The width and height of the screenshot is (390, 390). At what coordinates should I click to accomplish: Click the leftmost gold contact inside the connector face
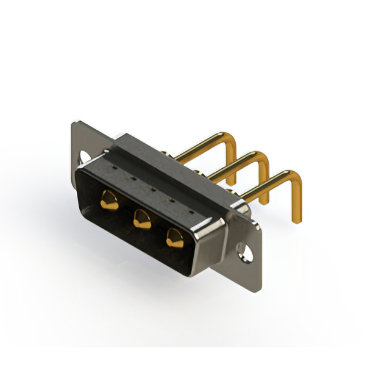tap(110, 199)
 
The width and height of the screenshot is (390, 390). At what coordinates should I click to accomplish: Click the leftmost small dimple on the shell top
tap(113, 165)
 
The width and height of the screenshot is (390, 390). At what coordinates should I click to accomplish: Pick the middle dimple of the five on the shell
tap(152, 188)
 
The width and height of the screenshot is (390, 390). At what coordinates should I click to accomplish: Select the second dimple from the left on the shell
tap(132, 177)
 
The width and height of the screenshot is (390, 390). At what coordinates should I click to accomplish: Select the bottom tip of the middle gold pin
tap(264, 202)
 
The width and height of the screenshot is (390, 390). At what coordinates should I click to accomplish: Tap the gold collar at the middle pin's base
tap(199, 172)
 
